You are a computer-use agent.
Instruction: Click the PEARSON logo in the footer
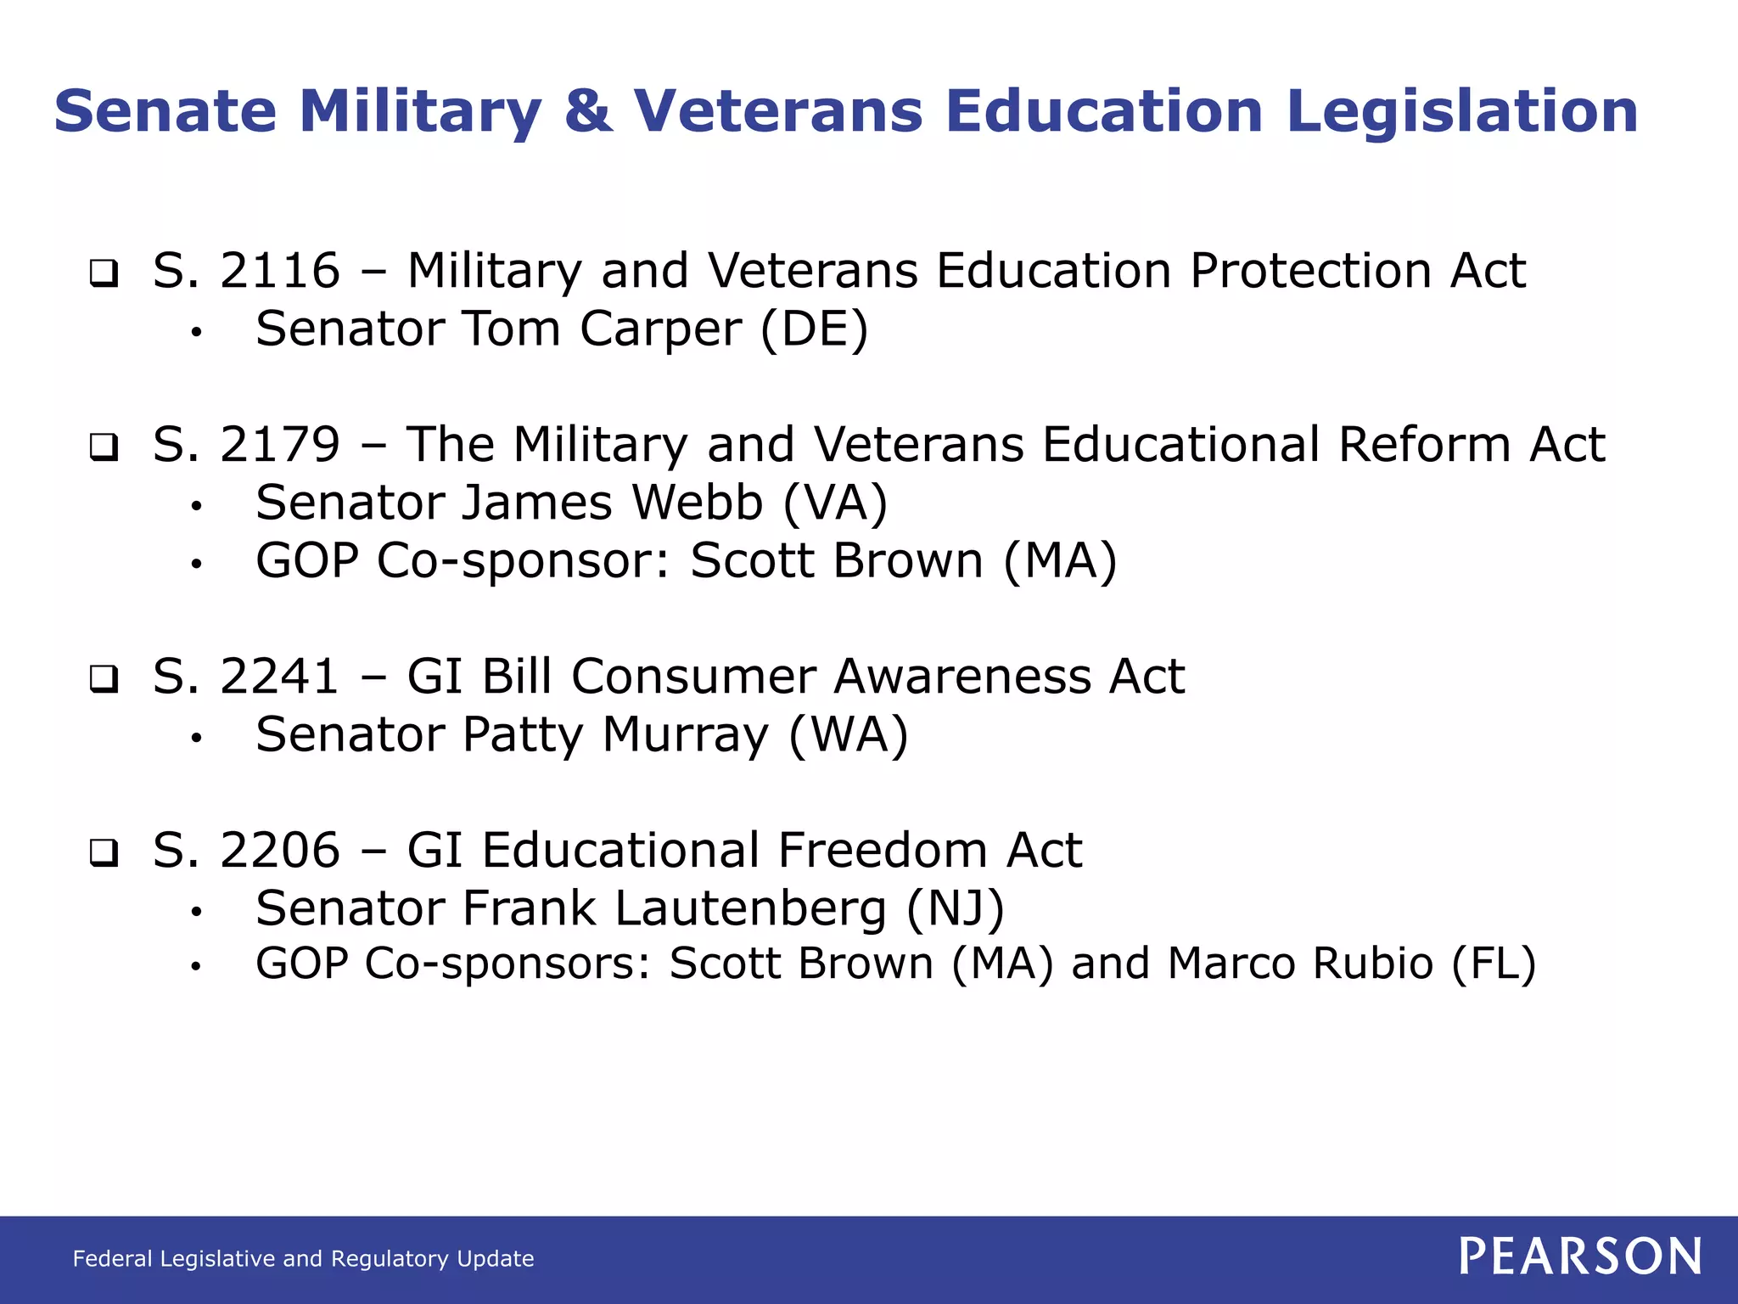tap(1580, 1256)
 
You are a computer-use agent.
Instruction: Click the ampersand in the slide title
tap(587, 111)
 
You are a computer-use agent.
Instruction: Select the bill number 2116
tap(280, 271)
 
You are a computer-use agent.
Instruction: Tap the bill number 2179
tap(280, 445)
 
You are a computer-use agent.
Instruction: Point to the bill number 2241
tap(280, 677)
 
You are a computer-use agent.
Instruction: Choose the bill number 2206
tap(280, 851)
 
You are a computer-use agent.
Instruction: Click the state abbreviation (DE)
tap(814, 329)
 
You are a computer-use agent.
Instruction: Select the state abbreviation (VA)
tap(835, 503)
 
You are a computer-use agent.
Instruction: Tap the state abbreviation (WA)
tap(849, 735)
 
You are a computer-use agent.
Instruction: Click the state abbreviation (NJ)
tap(956, 909)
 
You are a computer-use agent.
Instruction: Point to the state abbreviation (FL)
tap(1494, 964)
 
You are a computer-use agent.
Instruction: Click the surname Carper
tap(660, 329)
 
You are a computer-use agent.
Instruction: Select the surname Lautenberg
tap(750, 909)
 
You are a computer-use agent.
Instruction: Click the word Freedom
tap(882, 851)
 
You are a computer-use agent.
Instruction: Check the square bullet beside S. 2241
tap(104, 679)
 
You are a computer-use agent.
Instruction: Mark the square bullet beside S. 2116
tap(104, 273)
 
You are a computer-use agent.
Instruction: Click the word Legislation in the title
tap(1461, 111)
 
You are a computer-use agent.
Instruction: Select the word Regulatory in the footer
tap(390, 1258)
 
